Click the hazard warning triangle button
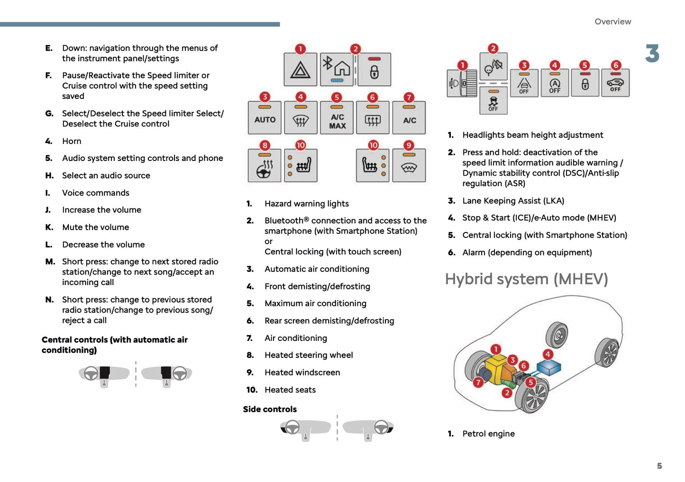click(x=300, y=70)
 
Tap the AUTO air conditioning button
click(x=265, y=118)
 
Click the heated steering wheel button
click(x=265, y=166)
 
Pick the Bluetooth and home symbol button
click(x=337, y=70)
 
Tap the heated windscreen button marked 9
click(x=409, y=166)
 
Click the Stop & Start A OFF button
click(x=554, y=83)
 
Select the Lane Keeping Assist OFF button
click(x=523, y=83)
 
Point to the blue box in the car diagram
click(x=548, y=367)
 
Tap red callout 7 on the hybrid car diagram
click(x=478, y=382)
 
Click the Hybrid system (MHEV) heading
click(x=526, y=279)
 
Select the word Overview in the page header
click(x=612, y=22)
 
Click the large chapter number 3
click(x=652, y=54)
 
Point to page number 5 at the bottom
click(x=659, y=466)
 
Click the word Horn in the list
click(x=72, y=141)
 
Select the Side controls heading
click(x=270, y=409)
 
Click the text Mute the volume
click(x=95, y=227)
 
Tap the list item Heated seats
click(x=290, y=390)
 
